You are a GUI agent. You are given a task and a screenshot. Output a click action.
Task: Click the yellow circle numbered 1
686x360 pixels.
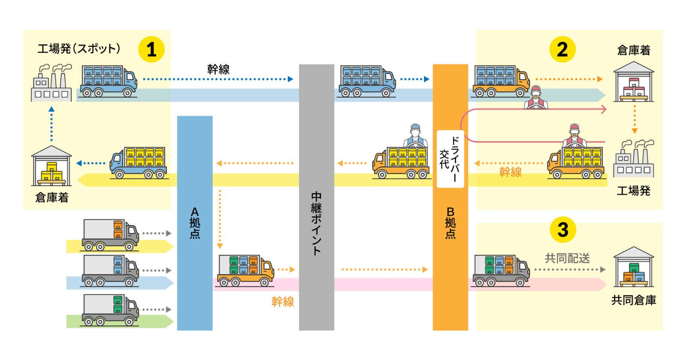tap(151, 49)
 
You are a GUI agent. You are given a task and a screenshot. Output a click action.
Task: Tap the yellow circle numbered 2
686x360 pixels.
tap(563, 49)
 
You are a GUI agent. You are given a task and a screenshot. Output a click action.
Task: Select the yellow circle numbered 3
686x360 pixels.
tap(563, 229)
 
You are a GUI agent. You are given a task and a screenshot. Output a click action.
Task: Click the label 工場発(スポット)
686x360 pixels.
tap(79, 48)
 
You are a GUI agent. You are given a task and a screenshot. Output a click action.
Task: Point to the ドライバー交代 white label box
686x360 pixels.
tap(450, 159)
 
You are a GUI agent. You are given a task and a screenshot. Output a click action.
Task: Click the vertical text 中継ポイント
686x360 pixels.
tap(316, 223)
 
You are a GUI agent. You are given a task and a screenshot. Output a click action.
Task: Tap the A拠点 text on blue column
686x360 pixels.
tap(195, 223)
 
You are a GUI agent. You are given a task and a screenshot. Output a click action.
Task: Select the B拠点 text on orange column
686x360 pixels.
tap(450, 223)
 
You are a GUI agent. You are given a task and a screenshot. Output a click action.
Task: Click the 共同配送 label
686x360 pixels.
tap(567, 258)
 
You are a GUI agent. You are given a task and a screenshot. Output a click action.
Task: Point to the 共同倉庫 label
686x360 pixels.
tap(634, 300)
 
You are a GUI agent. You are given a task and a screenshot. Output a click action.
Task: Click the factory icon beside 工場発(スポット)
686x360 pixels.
tap(51, 83)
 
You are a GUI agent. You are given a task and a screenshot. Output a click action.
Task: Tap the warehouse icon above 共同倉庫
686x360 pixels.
tap(634, 267)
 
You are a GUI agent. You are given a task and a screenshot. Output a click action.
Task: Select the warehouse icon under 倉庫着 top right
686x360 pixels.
tap(634, 82)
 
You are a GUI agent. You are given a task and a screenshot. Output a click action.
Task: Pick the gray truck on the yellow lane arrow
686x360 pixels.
tap(111, 234)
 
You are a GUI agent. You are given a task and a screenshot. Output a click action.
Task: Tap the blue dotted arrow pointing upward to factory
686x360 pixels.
tap(51, 124)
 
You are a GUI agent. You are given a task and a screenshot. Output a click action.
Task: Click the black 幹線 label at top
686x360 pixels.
tap(218, 69)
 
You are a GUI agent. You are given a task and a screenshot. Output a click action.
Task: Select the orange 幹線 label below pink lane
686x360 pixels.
tap(283, 302)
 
